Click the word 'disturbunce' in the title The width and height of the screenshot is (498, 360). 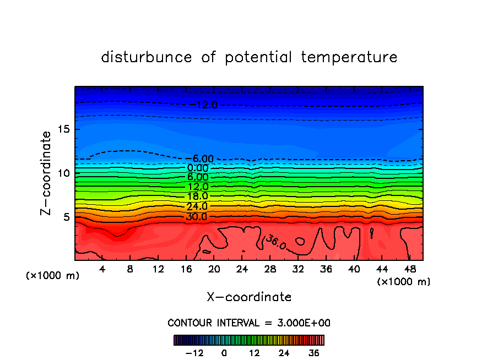click(147, 57)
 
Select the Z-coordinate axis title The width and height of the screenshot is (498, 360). click(47, 173)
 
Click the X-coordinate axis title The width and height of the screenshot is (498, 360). click(249, 297)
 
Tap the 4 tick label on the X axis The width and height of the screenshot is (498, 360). click(102, 269)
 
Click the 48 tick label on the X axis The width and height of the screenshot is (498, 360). click(410, 269)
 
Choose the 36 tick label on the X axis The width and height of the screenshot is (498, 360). click(326, 269)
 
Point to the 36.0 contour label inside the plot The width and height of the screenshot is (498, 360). click(276, 242)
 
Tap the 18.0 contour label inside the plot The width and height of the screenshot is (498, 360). click(197, 196)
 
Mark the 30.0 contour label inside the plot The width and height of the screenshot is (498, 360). click(197, 216)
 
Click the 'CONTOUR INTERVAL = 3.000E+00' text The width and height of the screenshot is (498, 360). click(248, 323)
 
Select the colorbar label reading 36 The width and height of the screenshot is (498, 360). click(313, 353)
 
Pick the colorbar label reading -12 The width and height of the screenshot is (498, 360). click(194, 353)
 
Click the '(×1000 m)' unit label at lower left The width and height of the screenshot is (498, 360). click(53, 276)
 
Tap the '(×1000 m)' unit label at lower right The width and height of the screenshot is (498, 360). click(404, 282)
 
